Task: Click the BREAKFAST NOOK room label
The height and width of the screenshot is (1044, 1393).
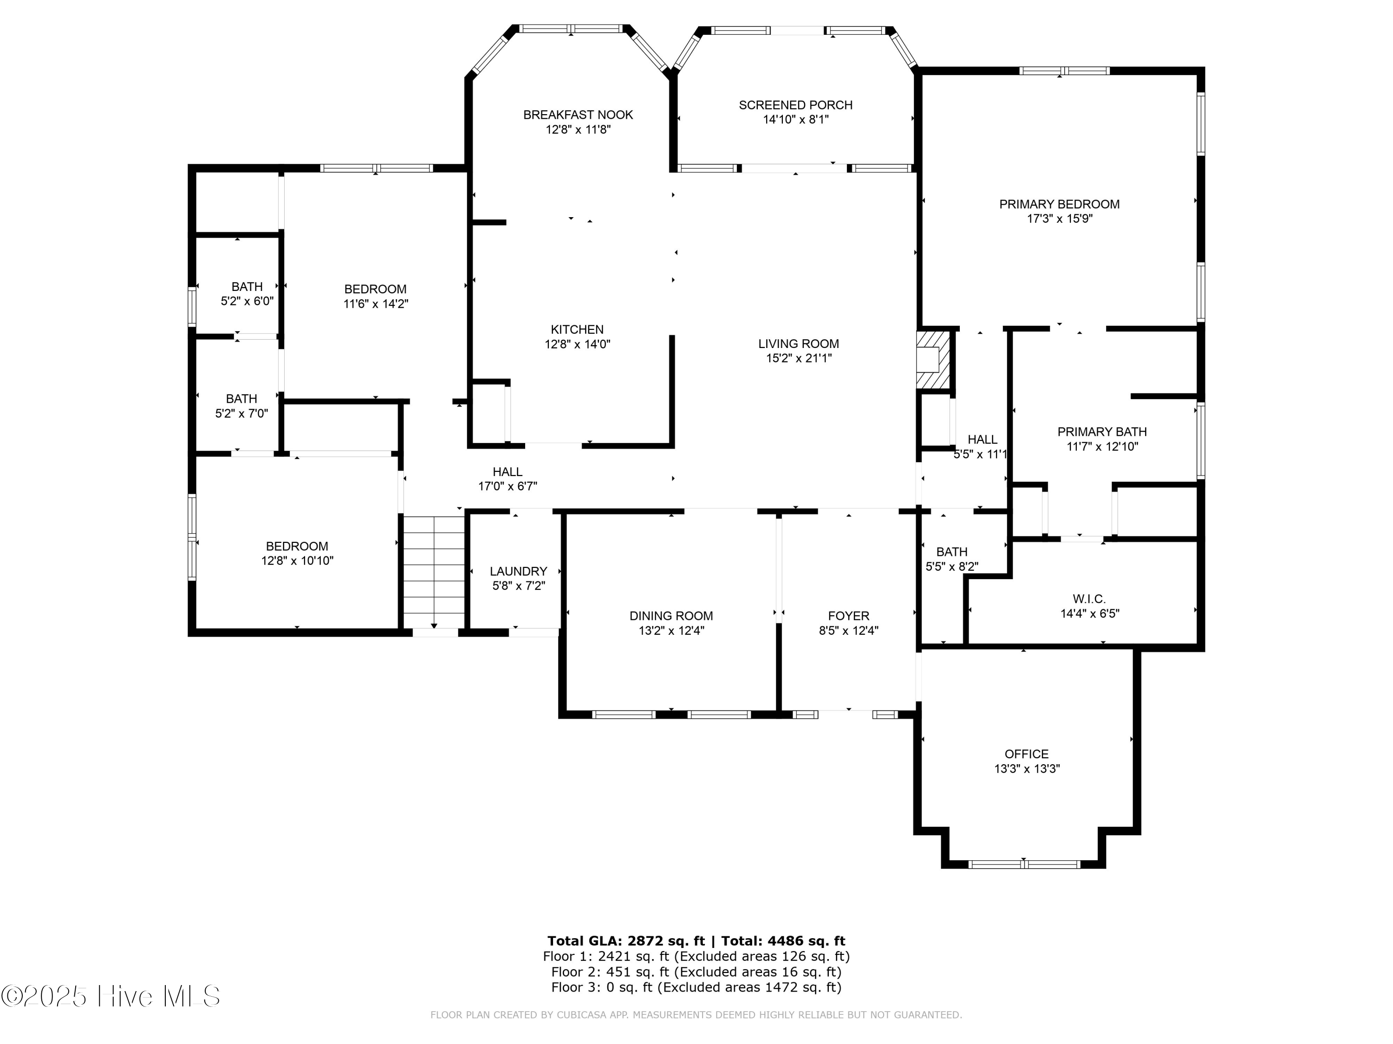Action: click(578, 115)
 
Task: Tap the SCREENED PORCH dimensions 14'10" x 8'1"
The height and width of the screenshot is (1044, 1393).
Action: click(795, 120)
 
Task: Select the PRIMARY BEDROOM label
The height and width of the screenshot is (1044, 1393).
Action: click(1059, 204)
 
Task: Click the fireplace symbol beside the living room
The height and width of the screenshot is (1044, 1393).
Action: click(933, 361)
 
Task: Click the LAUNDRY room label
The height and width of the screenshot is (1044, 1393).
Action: click(518, 571)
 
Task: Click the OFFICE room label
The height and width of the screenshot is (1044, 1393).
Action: click(1027, 754)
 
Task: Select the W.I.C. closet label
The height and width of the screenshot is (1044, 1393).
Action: click(1089, 599)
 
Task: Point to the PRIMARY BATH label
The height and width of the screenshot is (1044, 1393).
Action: click(1101, 432)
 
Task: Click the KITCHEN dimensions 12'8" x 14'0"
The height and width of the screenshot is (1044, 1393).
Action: click(578, 344)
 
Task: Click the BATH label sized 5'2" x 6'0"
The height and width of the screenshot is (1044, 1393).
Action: click(247, 286)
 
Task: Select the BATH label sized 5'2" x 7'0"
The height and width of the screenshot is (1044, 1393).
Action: click(241, 398)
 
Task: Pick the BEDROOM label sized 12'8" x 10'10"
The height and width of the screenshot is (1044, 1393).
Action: click(297, 546)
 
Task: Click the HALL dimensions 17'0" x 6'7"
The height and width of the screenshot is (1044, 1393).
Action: click(508, 486)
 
